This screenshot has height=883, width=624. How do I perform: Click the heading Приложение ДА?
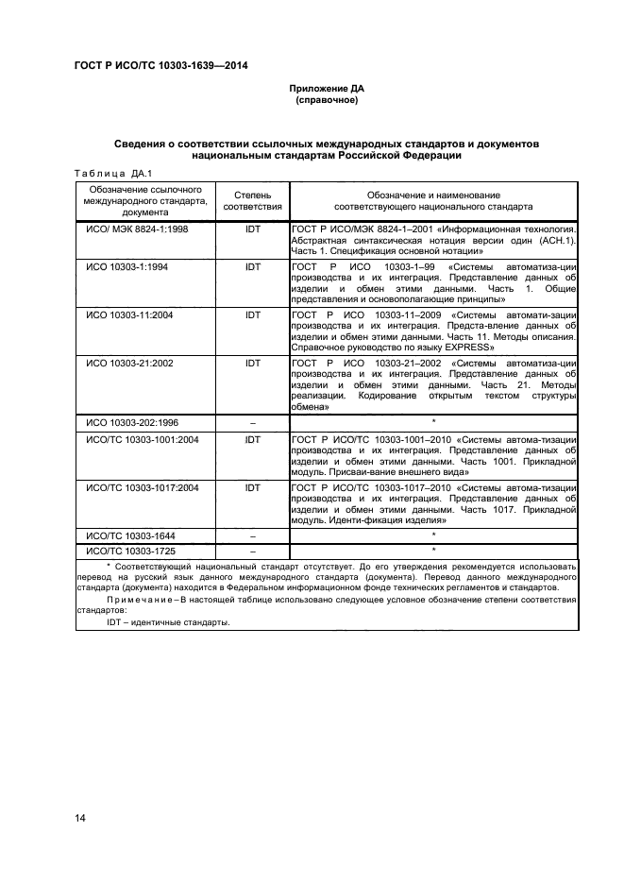pyautogui.click(x=326, y=88)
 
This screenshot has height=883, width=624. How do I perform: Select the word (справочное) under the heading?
pyautogui.click(x=326, y=99)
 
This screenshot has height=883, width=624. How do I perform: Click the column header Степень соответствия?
pyautogui.click(x=252, y=199)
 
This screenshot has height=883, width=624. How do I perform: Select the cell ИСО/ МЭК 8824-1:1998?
pyautogui.click(x=133, y=229)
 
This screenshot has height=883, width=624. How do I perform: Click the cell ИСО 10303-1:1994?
pyautogui.click(x=126, y=266)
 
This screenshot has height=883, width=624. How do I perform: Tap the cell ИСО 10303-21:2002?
pyautogui.click(x=127, y=363)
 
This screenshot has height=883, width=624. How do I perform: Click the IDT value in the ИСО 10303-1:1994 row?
pyautogui.click(x=252, y=266)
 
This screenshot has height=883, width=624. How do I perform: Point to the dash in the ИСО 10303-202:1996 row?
pyautogui.click(x=252, y=422)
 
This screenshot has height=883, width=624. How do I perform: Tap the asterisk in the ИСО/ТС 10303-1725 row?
pyautogui.click(x=433, y=549)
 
